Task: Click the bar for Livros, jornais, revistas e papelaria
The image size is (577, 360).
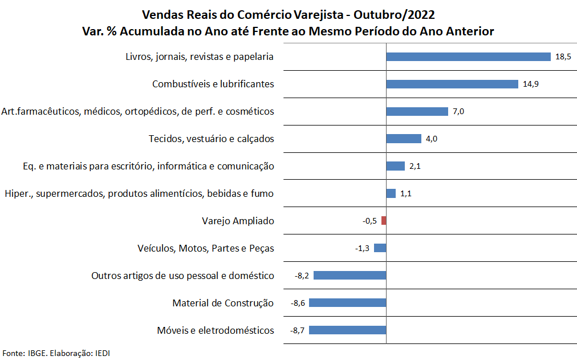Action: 468,56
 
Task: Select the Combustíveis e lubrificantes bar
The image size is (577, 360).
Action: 452,84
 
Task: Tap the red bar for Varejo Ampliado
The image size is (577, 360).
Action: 384,221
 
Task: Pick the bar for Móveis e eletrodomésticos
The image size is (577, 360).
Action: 348,330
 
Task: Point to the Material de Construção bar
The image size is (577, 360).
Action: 348,303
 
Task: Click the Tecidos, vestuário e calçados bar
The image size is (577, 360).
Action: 404,139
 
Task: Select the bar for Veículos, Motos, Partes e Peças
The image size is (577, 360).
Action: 380,248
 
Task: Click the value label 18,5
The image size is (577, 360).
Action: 563,56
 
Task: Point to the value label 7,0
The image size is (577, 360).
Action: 458,111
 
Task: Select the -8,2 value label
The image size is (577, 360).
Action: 302,276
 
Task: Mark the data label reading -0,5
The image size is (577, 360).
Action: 370,221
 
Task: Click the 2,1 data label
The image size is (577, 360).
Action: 415,166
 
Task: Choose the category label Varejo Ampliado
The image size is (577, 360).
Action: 238,221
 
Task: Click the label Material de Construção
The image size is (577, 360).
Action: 223,303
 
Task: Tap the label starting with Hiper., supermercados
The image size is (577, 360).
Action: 139,193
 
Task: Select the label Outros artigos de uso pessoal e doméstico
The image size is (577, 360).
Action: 182,276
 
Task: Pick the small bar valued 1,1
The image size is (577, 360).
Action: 391,193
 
